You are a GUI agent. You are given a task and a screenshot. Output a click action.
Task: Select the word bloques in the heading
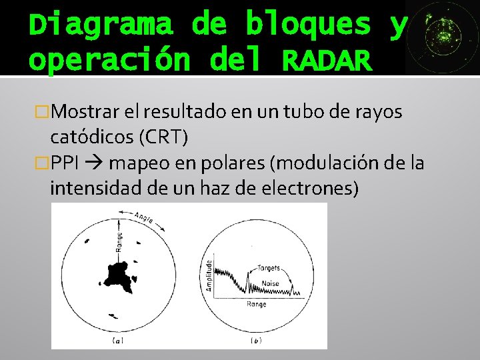(308, 25)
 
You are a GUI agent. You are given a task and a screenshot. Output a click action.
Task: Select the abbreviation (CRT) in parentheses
(162, 137)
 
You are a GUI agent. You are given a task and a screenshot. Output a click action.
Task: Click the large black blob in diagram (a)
(117, 273)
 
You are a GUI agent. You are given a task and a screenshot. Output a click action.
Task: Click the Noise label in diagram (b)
(271, 283)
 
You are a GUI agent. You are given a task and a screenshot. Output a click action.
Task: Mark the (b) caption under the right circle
(255, 341)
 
